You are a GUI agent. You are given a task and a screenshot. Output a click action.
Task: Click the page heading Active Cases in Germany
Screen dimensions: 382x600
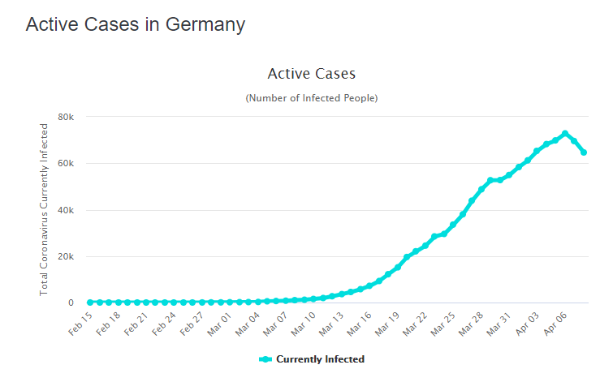click(135, 24)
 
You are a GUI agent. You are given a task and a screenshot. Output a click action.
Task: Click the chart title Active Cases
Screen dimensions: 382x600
click(311, 74)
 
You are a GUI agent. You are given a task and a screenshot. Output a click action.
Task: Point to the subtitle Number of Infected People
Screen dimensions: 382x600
click(311, 98)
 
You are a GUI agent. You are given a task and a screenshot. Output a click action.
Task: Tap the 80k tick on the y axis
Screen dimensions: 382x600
click(65, 117)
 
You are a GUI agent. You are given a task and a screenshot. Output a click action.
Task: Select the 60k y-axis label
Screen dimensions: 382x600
click(65, 164)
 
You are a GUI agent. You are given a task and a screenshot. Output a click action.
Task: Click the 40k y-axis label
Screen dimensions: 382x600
click(65, 211)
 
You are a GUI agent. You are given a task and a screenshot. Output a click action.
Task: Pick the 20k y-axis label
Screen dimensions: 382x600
click(65, 257)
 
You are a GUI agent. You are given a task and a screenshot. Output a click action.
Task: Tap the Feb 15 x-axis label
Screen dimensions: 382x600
click(81, 321)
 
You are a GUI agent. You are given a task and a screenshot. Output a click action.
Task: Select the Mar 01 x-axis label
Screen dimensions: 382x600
click(219, 321)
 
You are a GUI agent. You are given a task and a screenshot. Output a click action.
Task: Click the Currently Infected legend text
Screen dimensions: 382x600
click(320, 359)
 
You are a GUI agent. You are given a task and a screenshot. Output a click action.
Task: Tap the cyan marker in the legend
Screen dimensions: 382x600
click(265, 359)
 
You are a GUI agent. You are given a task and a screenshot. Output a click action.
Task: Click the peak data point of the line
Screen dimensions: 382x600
click(565, 134)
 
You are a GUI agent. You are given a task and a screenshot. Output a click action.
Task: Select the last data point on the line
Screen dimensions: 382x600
click(584, 152)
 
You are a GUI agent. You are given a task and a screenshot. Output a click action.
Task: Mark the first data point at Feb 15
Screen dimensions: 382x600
click(90, 303)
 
